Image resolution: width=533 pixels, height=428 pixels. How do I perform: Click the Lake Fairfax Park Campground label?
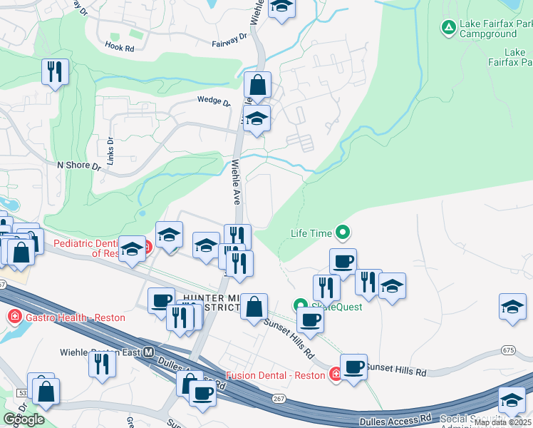(x=495, y=28)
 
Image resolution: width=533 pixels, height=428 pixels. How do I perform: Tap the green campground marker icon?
(x=448, y=28)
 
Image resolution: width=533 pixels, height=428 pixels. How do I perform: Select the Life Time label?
(x=311, y=233)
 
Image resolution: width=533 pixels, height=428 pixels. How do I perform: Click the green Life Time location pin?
(x=343, y=232)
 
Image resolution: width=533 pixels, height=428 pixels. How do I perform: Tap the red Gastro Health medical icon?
(x=13, y=317)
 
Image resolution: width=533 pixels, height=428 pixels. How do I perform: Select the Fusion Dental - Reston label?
(x=277, y=374)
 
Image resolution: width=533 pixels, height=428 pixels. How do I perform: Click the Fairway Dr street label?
(x=229, y=39)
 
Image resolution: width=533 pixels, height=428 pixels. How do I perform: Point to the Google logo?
(x=24, y=419)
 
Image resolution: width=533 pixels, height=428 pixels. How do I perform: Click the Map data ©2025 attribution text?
(x=503, y=422)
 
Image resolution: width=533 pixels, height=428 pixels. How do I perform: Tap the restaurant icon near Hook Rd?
(x=54, y=70)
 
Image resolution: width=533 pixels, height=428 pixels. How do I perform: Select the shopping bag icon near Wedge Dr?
(x=257, y=86)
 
